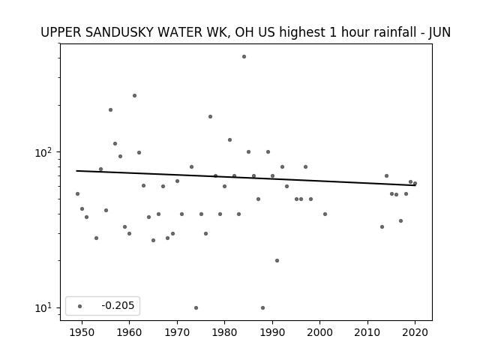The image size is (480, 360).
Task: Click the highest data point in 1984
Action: [244, 57]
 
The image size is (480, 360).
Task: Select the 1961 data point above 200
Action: [134, 96]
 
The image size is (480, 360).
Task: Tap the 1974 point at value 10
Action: [196, 308]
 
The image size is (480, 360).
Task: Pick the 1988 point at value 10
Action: [262, 308]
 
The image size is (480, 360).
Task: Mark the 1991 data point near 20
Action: [277, 261]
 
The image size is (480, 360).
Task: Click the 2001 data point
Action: [325, 214]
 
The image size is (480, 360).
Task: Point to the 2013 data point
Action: [382, 226]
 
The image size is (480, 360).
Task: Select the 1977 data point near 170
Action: [210, 117]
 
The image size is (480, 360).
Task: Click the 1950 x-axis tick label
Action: [82, 333]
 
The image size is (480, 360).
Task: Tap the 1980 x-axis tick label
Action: [225, 333]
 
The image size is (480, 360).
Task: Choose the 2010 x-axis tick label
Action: [367, 333]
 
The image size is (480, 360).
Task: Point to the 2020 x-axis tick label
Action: [415, 333]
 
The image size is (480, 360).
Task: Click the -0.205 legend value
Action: [118, 305]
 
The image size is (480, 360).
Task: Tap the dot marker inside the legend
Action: [80, 307]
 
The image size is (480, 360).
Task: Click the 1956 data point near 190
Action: [110, 110]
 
